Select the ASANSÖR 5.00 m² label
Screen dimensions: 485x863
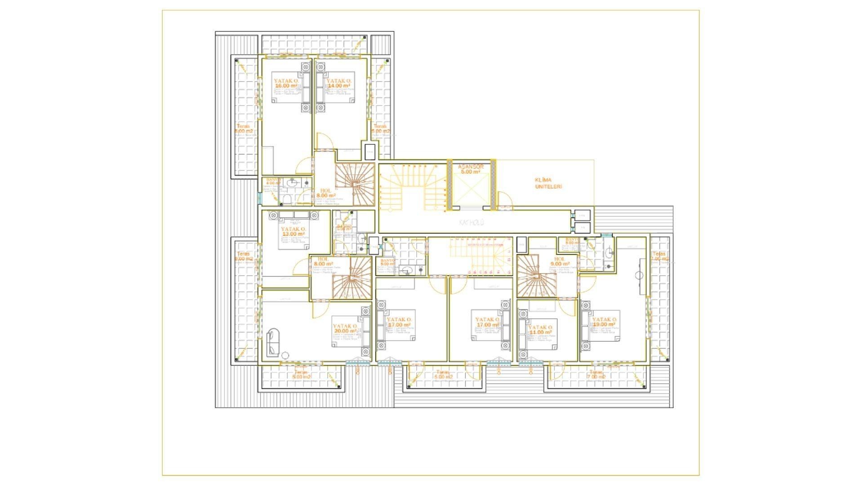point(471,169)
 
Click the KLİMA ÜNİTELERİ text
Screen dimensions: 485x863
point(548,183)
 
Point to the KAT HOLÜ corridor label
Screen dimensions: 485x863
point(471,223)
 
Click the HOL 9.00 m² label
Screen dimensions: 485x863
point(560,262)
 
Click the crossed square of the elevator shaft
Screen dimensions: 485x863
point(470,190)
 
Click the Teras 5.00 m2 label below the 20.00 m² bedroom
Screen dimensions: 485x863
point(301,375)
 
